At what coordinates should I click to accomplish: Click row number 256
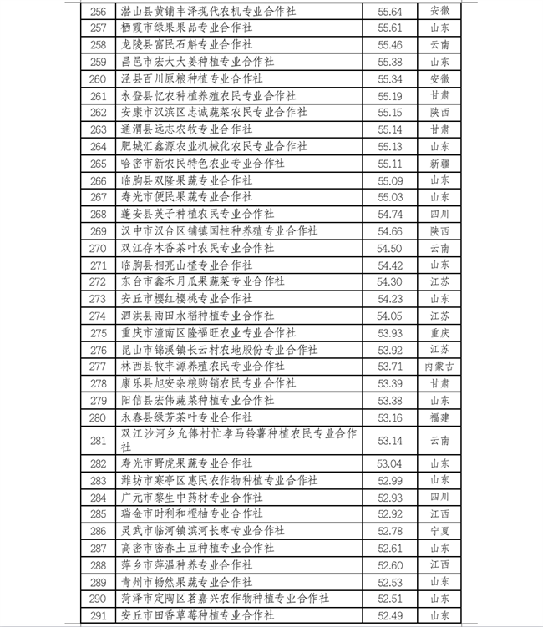98,11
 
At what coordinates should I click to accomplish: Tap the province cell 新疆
439,163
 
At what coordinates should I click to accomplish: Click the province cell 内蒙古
439,367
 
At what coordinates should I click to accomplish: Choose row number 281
98,440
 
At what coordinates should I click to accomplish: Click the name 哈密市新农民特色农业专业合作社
203,163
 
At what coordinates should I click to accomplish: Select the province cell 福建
439,417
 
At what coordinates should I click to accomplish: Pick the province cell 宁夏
439,530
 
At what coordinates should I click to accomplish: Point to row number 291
98,615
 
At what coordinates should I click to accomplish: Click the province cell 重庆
439,332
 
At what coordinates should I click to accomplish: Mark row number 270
98,248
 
